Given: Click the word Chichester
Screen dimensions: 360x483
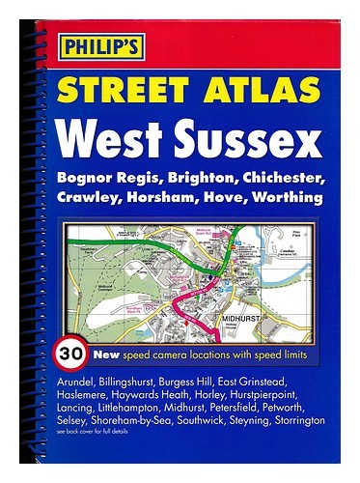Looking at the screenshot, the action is [285, 182].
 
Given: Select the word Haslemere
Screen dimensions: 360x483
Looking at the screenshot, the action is [82, 395].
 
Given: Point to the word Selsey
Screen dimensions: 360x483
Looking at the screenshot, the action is [69, 422].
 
